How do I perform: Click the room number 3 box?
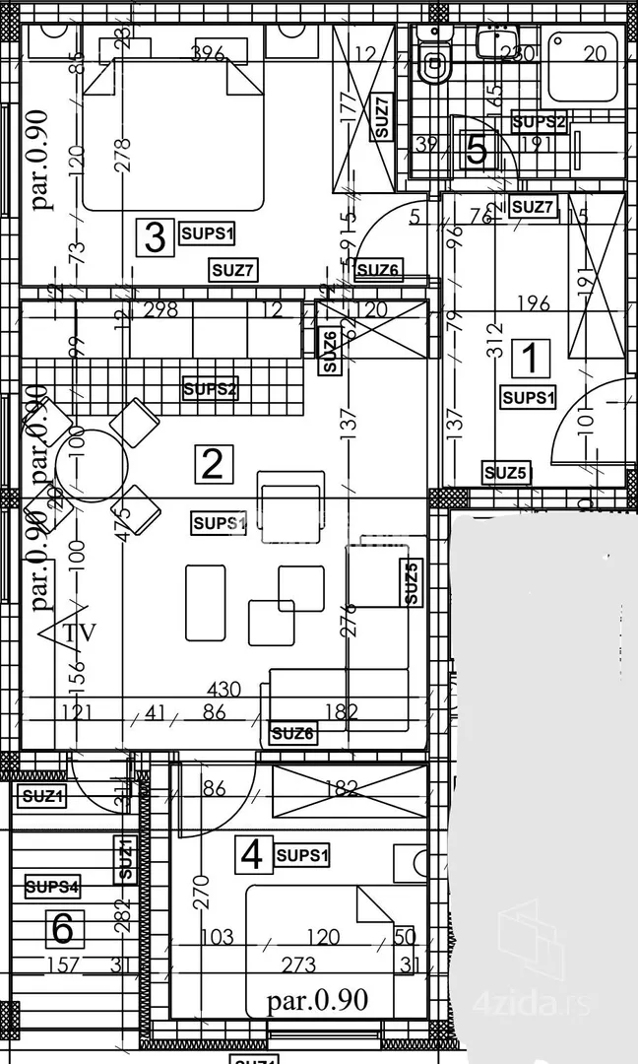155,236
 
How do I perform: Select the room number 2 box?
213,462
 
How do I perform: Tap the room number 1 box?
532,359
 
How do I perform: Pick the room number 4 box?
252,854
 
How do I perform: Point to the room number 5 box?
477,151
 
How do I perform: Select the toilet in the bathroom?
432,64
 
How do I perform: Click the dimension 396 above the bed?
209,53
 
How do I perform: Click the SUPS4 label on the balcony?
52,888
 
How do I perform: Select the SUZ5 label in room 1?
507,474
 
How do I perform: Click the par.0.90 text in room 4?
318,1002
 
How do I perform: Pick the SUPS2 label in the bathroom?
540,122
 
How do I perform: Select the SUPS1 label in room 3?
208,233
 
